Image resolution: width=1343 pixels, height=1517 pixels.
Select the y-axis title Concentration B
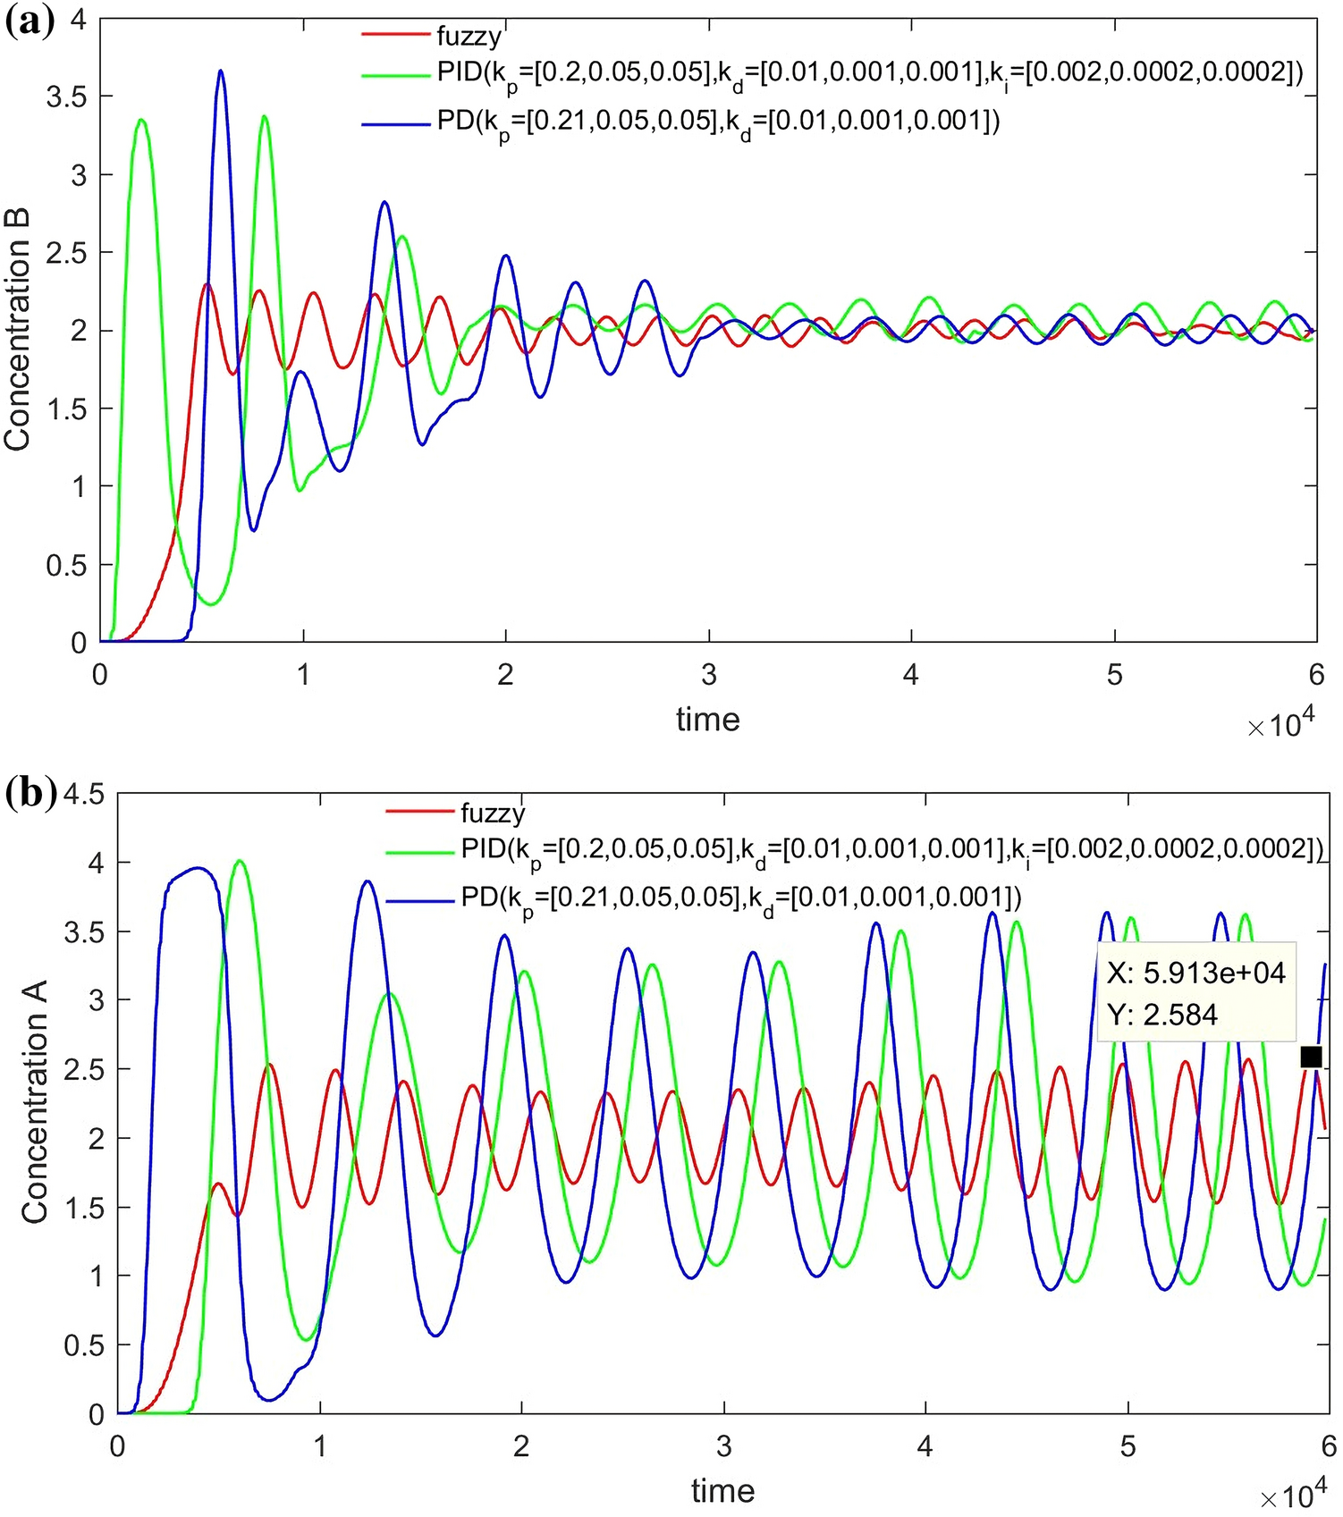tap(18, 330)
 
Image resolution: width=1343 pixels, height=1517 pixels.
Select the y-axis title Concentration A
tap(35, 1101)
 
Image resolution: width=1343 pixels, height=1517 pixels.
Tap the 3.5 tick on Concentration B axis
tap(66, 97)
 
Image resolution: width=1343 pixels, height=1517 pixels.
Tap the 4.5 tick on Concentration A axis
tap(84, 795)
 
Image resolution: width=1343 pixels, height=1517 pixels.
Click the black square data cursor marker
tap(1310, 1058)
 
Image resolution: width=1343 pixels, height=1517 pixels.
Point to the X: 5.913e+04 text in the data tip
tap(1195, 973)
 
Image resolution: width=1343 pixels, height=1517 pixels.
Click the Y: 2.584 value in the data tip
tap(1162, 1015)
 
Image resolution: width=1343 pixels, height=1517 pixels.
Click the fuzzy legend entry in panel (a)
tap(469, 36)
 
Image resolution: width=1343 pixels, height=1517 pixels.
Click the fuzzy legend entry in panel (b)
tap(493, 813)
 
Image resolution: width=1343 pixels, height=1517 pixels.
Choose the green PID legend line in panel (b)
tap(419, 852)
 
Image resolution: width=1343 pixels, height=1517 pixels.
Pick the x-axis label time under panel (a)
tap(707, 720)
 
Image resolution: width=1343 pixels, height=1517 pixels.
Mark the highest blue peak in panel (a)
tap(221, 72)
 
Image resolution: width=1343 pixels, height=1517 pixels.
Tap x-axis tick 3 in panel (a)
tap(709, 675)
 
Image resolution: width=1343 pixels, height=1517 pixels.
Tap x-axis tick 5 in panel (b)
tap(1128, 1446)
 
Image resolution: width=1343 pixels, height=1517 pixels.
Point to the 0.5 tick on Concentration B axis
tap(66, 566)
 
